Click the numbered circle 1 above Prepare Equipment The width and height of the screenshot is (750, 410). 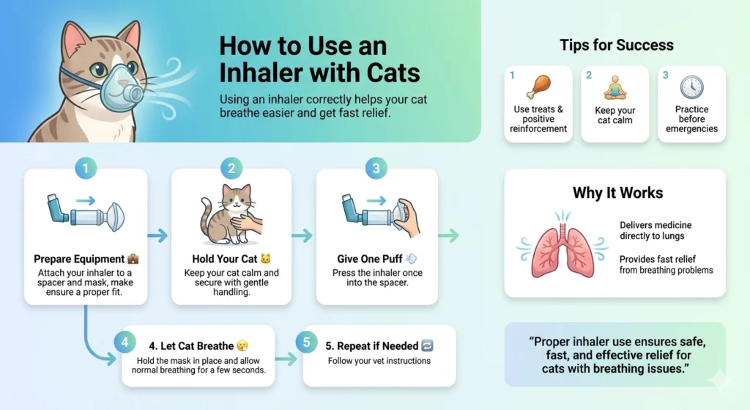[86, 169]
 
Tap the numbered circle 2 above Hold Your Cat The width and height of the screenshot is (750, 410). [231, 169]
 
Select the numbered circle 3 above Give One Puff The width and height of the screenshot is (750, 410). [376, 169]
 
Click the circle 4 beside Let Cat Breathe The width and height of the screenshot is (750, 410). [125, 343]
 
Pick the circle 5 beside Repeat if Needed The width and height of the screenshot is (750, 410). [306, 343]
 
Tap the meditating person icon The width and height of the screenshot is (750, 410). [615, 87]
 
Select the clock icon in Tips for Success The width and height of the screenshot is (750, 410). [691, 87]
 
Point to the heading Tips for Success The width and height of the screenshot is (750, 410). [616, 45]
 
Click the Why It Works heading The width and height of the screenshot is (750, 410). [617, 194]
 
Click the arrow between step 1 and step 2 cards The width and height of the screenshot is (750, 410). [157, 235]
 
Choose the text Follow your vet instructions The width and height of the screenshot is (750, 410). [379, 361]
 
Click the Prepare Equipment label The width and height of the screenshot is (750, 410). [79, 259]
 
